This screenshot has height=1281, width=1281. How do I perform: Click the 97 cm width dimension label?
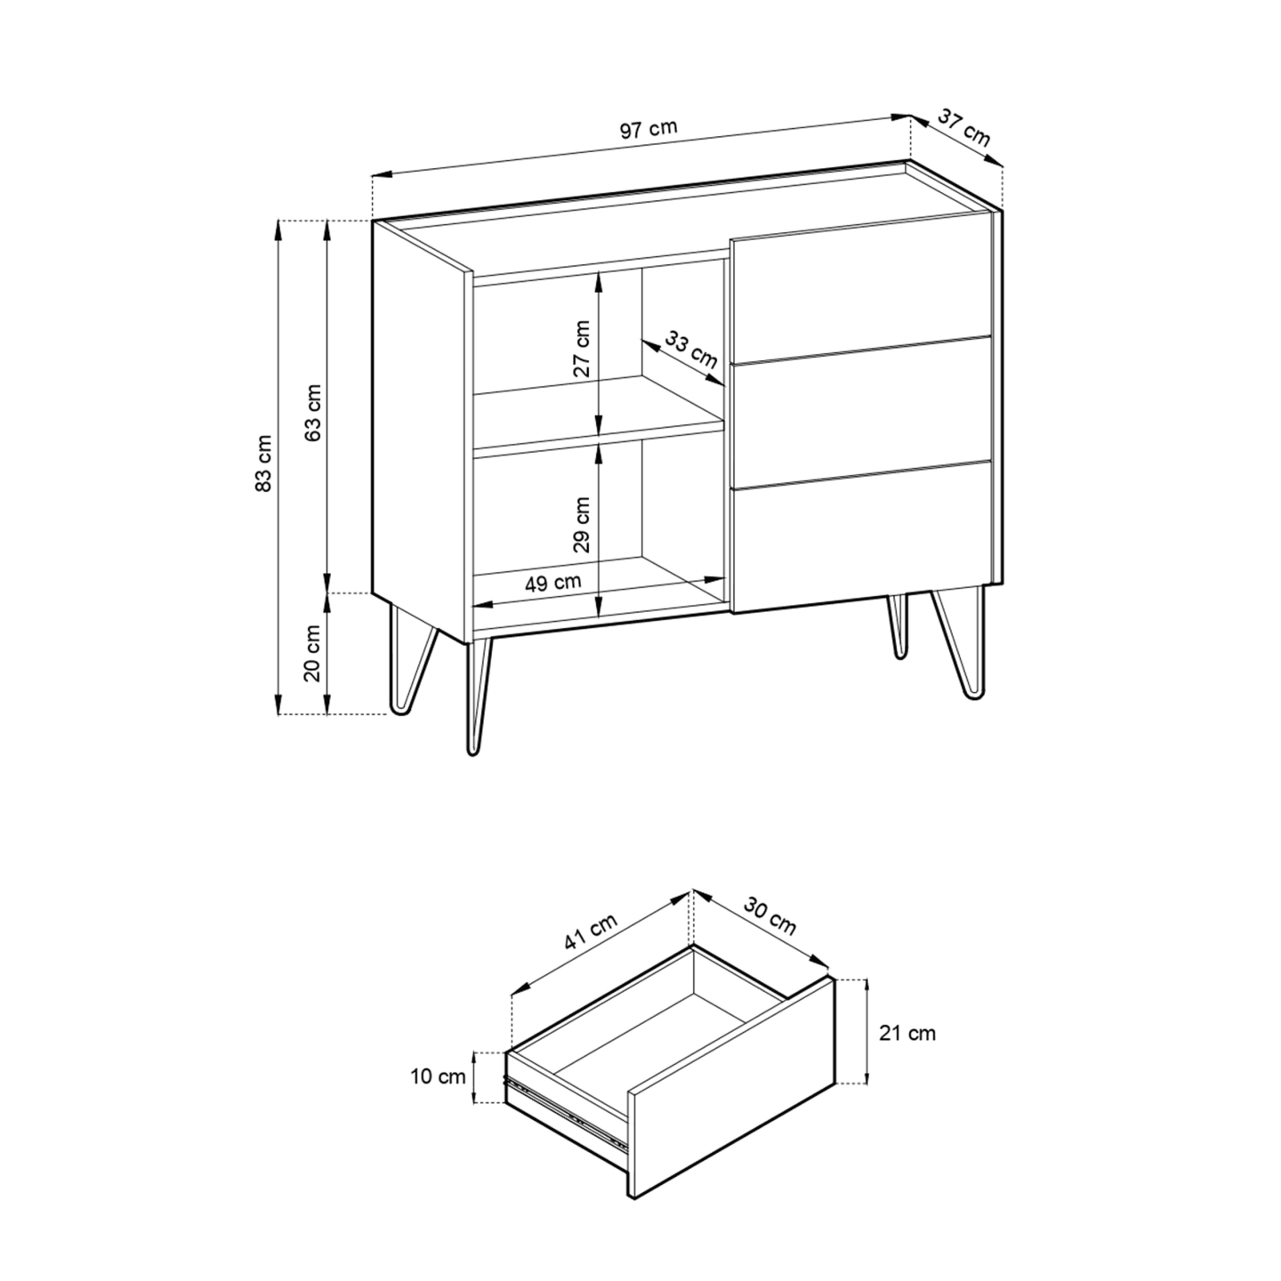[x=649, y=129]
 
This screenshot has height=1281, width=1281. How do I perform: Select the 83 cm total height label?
[x=264, y=463]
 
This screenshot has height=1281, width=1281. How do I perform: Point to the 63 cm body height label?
[x=314, y=412]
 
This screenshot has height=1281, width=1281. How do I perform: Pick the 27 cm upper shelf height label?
[x=582, y=349]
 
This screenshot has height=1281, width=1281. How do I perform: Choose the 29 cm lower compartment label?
[x=582, y=525]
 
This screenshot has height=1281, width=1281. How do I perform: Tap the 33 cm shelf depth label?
[x=691, y=350]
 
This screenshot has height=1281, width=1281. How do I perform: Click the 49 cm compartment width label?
[x=553, y=583]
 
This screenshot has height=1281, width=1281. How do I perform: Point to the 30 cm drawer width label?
[x=769, y=916]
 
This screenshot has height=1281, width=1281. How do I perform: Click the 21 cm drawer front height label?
[x=906, y=1033]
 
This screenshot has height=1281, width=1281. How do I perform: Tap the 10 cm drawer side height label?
[x=438, y=1077]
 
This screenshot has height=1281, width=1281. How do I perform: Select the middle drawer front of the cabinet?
[x=861, y=413]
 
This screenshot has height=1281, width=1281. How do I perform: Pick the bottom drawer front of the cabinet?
[x=861, y=536]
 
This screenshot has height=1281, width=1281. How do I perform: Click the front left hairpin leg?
[x=479, y=696]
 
